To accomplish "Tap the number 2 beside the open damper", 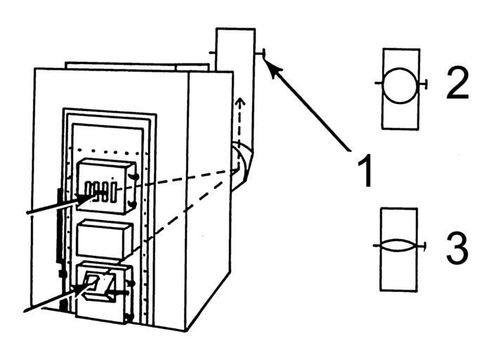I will pyautogui.click(x=457, y=84).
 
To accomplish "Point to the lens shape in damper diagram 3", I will pyautogui.click(x=400, y=247).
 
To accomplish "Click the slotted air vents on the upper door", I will pyautogui.click(x=98, y=190).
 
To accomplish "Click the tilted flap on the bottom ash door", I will pyautogui.click(x=102, y=285).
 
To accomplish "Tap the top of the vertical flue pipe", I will pyautogui.click(x=235, y=32).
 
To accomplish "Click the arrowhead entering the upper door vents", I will pyautogui.click(x=86, y=199).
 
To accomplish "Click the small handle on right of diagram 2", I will pyautogui.click(x=426, y=84).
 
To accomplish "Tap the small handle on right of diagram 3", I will pyautogui.click(x=425, y=245).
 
